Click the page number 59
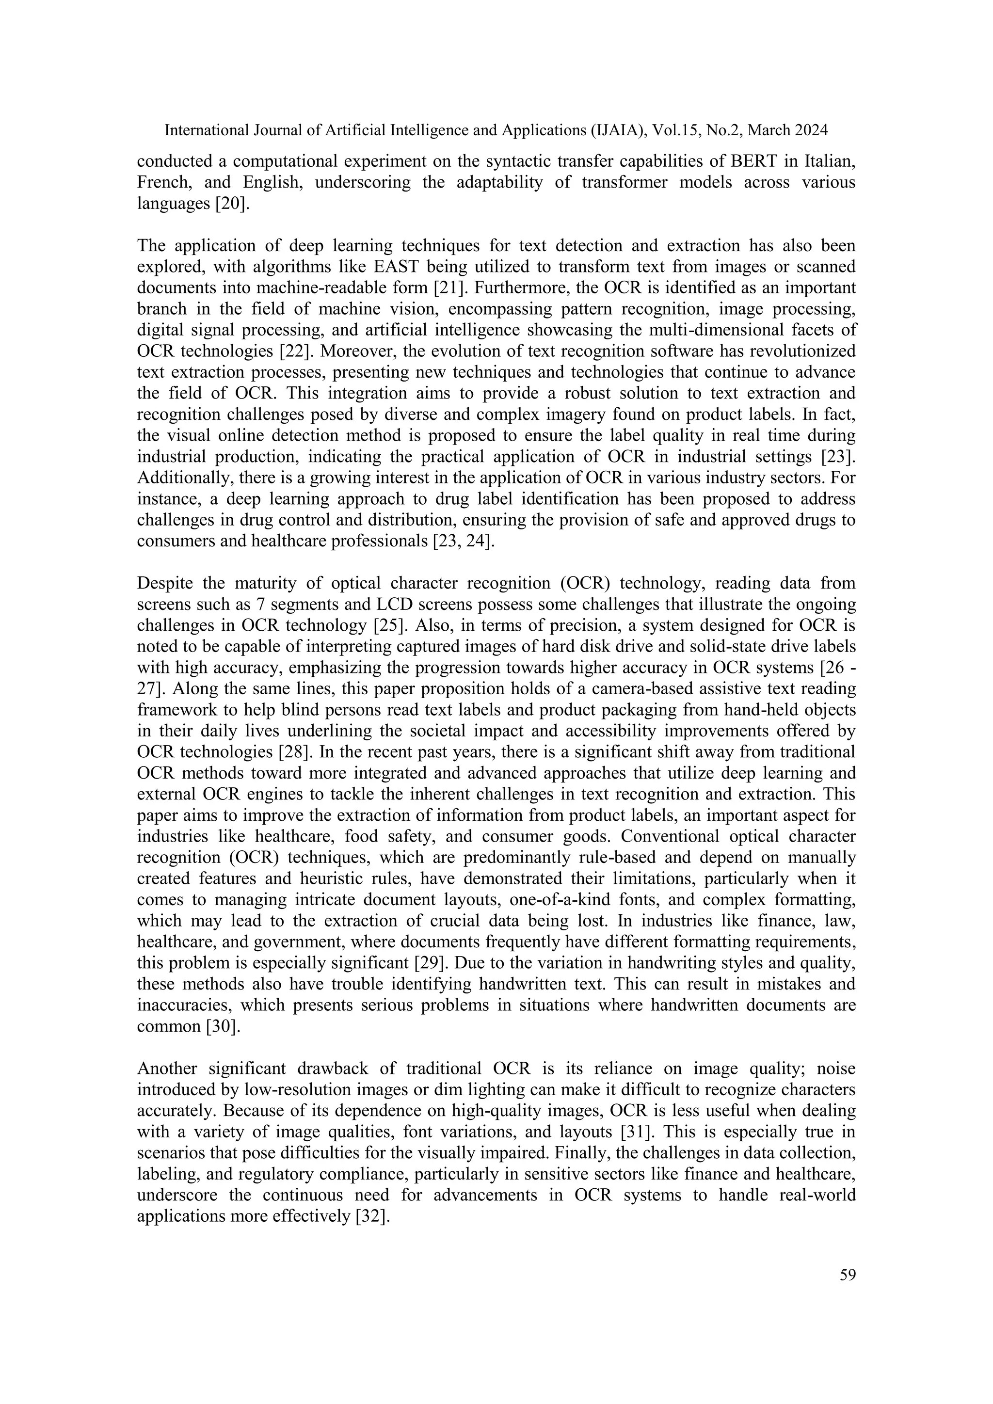pyautogui.click(x=848, y=1275)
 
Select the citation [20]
pyautogui.click(x=232, y=204)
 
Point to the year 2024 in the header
pyautogui.click(x=811, y=130)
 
